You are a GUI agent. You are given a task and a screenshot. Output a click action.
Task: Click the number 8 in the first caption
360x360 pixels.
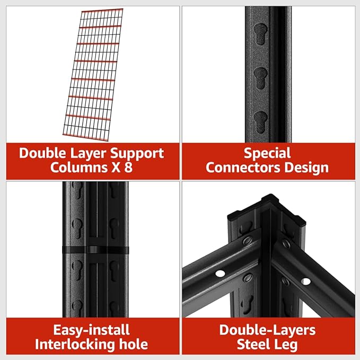click(128, 167)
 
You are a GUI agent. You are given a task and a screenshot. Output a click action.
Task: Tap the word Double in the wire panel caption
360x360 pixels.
click(42, 153)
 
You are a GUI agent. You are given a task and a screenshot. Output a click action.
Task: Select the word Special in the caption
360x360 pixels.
click(267, 153)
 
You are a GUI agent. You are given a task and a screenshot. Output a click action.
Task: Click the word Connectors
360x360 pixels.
click(243, 168)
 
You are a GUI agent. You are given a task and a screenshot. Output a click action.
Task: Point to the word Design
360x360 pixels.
click(307, 168)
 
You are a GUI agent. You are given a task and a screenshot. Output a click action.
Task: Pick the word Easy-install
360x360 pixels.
click(92, 330)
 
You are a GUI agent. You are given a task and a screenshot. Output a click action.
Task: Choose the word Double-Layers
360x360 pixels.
click(267, 330)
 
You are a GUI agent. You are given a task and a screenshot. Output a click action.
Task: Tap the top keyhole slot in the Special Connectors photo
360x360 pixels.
click(260, 34)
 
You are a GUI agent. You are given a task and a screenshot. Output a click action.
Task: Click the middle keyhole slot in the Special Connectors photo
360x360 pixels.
click(260, 78)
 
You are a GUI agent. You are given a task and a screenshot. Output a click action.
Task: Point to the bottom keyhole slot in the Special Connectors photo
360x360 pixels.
click(260, 122)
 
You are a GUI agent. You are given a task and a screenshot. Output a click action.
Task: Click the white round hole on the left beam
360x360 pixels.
click(220, 273)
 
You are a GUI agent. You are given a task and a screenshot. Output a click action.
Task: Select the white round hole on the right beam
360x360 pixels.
click(305, 281)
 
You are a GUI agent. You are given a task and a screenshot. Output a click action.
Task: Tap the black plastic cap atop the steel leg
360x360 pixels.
click(266, 210)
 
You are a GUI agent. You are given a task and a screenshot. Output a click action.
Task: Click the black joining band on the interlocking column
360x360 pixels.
click(95, 250)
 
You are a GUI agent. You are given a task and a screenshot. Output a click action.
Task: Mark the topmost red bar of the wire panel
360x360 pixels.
click(102, 11)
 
